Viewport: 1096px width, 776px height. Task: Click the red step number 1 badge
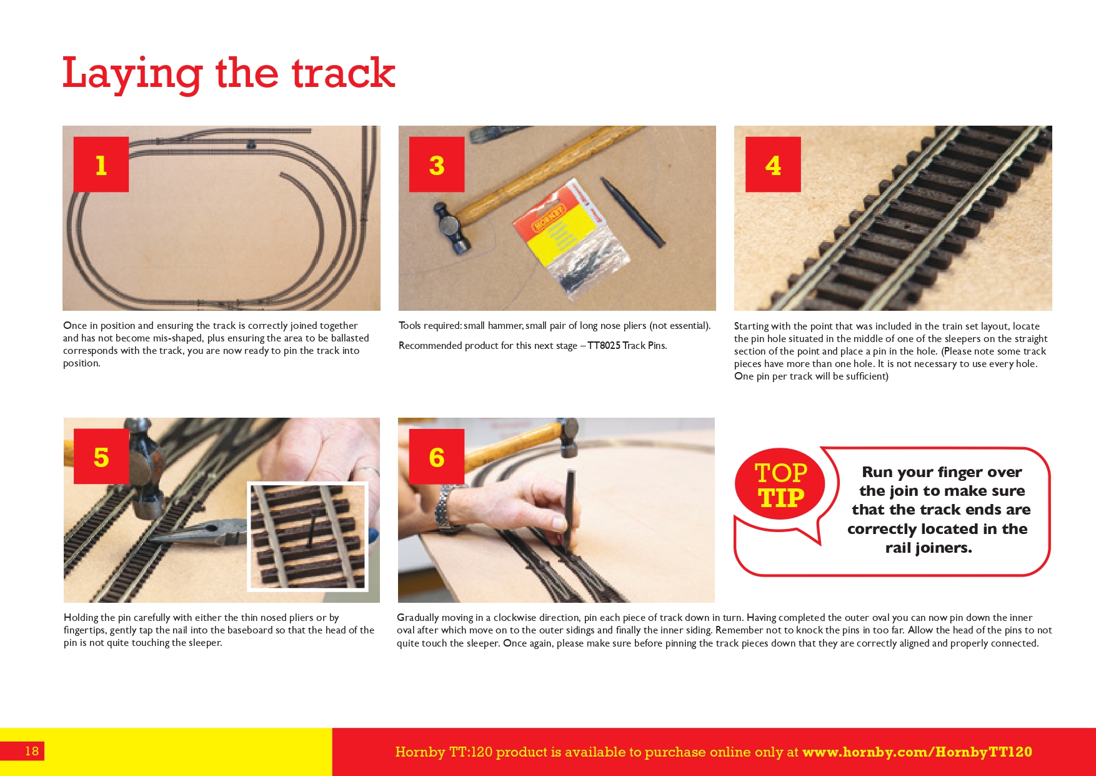(x=101, y=164)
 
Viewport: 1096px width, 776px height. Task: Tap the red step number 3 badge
(x=437, y=164)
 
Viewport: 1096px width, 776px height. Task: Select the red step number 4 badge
(x=773, y=164)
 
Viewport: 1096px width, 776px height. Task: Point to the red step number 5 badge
(x=101, y=456)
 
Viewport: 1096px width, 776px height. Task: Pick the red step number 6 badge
(x=437, y=456)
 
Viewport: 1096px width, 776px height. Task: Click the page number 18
(x=32, y=751)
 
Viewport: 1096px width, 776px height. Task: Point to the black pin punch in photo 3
(x=632, y=211)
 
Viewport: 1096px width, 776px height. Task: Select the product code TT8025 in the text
(x=604, y=346)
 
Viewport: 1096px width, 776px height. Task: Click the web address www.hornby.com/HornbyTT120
(x=917, y=752)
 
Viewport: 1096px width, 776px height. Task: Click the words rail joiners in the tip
(x=929, y=548)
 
